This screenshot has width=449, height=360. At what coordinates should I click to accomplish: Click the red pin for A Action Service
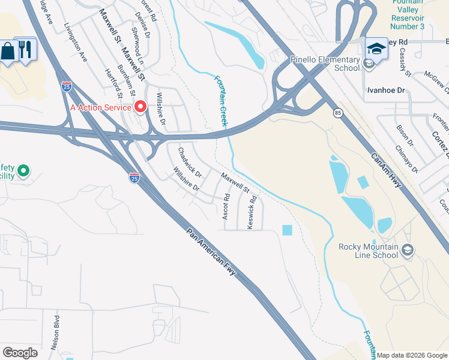pyautogui.click(x=141, y=107)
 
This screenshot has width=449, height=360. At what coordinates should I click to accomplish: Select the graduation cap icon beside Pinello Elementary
pyautogui.click(x=376, y=49)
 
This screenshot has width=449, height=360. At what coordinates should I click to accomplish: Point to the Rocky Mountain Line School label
pyautogui.click(x=368, y=250)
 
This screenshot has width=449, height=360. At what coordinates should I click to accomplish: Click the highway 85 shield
pyautogui.click(x=338, y=113)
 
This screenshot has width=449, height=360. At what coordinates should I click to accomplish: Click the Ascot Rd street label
pyautogui.click(x=226, y=206)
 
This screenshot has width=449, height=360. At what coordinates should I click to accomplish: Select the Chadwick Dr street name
pyautogui.click(x=190, y=163)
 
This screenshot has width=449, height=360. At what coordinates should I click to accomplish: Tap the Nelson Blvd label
pyautogui.click(x=55, y=332)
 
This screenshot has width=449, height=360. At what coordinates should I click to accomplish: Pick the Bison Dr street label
pyautogui.click(x=405, y=136)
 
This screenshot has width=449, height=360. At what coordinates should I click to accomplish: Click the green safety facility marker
pyautogui.click(x=23, y=172)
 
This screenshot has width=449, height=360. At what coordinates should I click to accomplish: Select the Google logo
pyautogui.click(x=20, y=352)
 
